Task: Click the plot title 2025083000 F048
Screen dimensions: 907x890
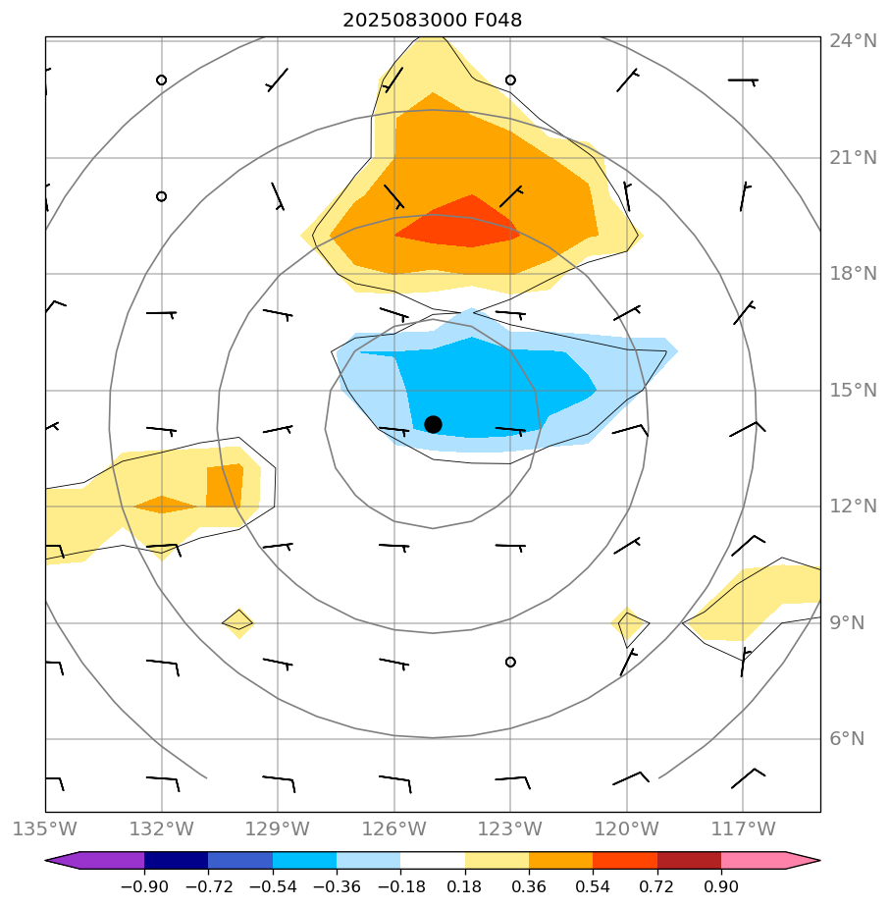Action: (432, 20)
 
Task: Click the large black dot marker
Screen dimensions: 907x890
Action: (433, 424)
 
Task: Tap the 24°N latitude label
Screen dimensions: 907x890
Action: (853, 41)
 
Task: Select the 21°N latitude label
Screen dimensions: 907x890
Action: (853, 158)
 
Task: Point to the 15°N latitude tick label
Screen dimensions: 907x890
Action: (853, 391)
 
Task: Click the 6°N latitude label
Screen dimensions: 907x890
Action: (848, 739)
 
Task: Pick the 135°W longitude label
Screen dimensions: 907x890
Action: (45, 829)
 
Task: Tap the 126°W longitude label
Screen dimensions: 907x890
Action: (393, 829)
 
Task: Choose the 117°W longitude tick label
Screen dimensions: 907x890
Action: (742, 829)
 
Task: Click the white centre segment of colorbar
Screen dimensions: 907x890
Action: (433, 861)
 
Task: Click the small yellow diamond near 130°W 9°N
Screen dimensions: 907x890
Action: (237, 621)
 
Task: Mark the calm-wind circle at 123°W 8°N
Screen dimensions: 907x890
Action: (510, 662)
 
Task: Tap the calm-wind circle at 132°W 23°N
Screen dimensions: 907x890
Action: (161, 80)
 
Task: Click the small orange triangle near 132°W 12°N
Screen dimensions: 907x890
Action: (164, 505)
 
